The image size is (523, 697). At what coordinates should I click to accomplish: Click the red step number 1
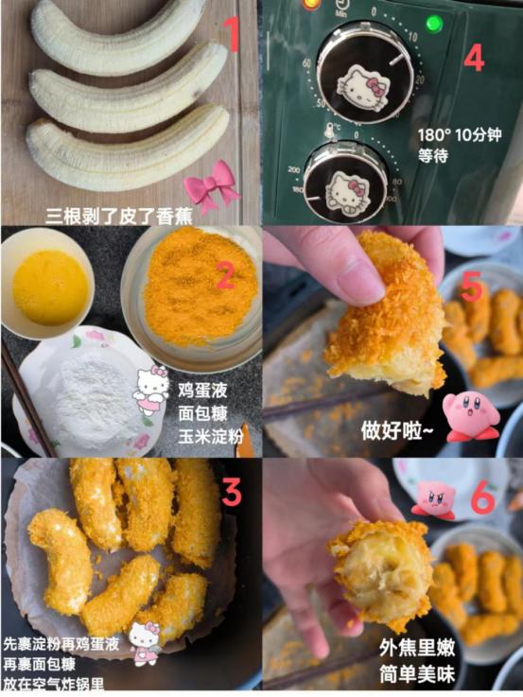pyautogui.click(x=232, y=35)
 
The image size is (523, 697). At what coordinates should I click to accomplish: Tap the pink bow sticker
pyautogui.click(x=211, y=186)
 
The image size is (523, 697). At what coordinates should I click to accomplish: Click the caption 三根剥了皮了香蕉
pyautogui.click(x=119, y=217)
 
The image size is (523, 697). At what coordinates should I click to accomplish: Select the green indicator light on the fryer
pyautogui.click(x=434, y=23)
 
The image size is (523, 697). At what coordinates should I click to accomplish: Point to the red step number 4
pyautogui.click(x=474, y=59)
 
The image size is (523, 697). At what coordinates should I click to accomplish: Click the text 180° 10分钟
pyautogui.click(x=460, y=134)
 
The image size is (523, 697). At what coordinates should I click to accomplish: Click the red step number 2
pyautogui.click(x=225, y=274)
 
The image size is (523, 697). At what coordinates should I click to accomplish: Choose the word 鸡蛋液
pyautogui.click(x=202, y=391)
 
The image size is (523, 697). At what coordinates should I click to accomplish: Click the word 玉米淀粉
pyautogui.click(x=211, y=437)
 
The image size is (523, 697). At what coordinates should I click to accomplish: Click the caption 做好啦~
pyautogui.click(x=397, y=430)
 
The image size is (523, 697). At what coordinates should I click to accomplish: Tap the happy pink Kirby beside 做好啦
pyautogui.click(x=470, y=416)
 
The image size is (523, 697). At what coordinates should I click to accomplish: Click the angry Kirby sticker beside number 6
pyautogui.click(x=434, y=499)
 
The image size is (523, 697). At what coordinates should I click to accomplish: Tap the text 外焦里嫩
pyautogui.click(x=417, y=648)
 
